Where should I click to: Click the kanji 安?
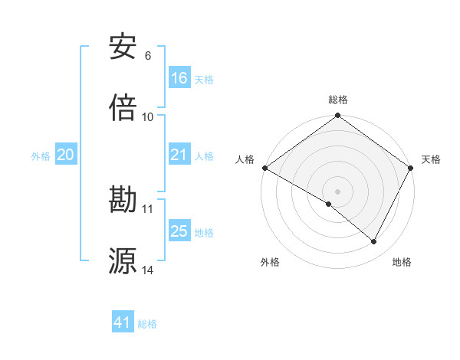pyautogui.click(x=123, y=47)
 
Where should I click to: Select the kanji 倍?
pyautogui.click(x=123, y=107)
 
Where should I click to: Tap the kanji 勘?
pyautogui.click(x=123, y=200)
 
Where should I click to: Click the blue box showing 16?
pyautogui.click(x=179, y=78)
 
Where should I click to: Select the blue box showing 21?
pyautogui.click(x=179, y=155)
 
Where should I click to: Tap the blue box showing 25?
pyautogui.click(x=179, y=231)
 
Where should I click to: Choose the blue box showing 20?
pyautogui.click(x=66, y=155)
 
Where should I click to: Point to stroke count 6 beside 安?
pyautogui.click(x=148, y=56)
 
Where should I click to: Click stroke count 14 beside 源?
pyautogui.click(x=148, y=270)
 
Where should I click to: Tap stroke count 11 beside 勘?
pyautogui.click(x=148, y=208)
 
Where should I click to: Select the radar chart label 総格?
pyautogui.click(x=338, y=100)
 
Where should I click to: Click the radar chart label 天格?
pyautogui.click(x=431, y=159)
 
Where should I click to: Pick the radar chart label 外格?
pyautogui.click(x=270, y=262)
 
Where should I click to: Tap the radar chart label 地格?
pyautogui.click(x=402, y=262)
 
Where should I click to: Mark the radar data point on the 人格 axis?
pyautogui.click(x=264, y=168)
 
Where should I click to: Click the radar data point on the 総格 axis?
pyautogui.click(x=338, y=116)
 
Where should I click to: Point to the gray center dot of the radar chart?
pyautogui.click(x=338, y=191)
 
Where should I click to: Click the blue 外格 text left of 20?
pyautogui.click(x=41, y=155)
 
